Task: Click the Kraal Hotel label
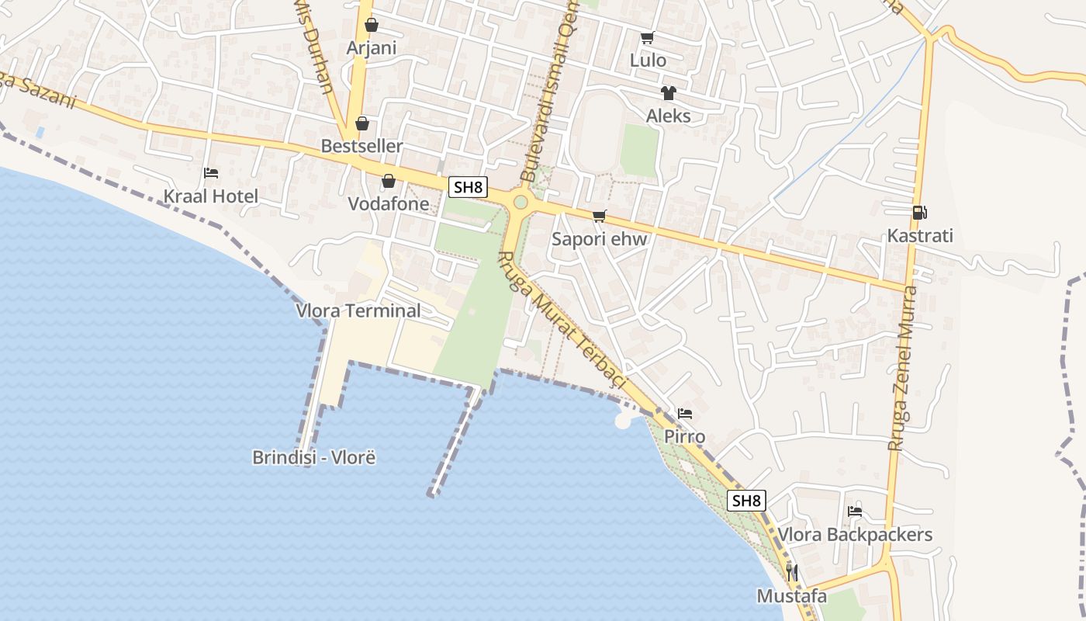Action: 210,196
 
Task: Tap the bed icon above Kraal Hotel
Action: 210,172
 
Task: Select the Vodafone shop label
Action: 389,204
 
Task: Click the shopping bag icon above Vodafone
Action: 389,181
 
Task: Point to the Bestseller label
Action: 362,146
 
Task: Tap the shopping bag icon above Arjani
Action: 372,25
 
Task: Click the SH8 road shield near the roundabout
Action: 469,186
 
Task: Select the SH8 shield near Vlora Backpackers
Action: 746,501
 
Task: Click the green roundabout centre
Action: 521,203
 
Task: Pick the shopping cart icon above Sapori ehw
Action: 599,216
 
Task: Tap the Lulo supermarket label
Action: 648,60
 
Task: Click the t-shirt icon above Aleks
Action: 668,93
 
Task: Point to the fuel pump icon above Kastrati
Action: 920,212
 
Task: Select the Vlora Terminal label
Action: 358,310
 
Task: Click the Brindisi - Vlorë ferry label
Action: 314,457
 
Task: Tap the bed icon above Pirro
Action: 684,413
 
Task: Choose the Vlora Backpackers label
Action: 855,535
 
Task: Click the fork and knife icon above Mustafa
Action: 792,573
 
